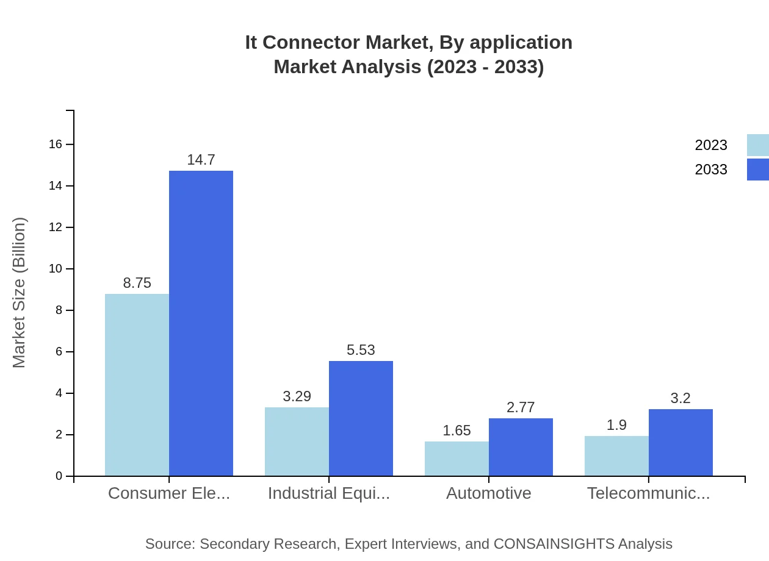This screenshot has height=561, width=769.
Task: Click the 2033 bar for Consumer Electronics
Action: click(x=201, y=323)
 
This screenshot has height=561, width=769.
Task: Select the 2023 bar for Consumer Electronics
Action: click(x=137, y=385)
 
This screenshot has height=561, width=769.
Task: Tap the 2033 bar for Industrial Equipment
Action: click(x=361, y=418)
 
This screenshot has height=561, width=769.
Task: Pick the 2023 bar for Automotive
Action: click(x=457, y=459)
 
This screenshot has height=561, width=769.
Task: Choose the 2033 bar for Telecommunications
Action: click(x=681, y=442)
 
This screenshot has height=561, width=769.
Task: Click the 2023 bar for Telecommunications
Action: click(x=616, y=456)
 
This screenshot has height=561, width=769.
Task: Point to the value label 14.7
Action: click(x=201, y=160)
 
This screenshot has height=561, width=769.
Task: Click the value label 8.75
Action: click(x=137, y=283)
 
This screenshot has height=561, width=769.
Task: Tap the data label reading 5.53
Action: click(x=361, y=350)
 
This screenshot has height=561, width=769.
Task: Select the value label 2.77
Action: click(x=521, y=407)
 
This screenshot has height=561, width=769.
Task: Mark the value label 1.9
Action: click(x=616, y=425)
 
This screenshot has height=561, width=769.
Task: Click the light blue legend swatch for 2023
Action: click(x=757, y=145)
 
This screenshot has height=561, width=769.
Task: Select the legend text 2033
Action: click(x=710, y=170)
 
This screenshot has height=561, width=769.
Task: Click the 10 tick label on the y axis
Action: click(x=56, y=269)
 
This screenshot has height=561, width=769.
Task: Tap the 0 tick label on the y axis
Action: click(x=59, y=476)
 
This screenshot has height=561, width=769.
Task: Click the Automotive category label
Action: click(x=488, y=493)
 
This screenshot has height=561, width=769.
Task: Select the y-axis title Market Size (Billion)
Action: click(x=20, y=293)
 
